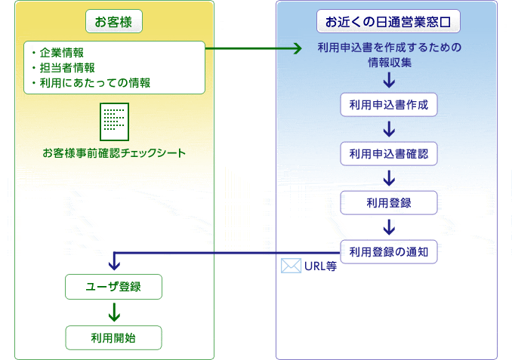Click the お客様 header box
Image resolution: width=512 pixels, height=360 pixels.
pos(114,22)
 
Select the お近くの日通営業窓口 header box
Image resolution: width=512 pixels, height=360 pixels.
pos(388,22)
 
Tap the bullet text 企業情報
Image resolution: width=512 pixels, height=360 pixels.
pos(62,53)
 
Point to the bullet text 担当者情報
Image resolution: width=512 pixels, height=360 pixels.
pos(67,68)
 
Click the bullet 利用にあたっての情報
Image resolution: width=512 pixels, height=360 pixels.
pos(95,83)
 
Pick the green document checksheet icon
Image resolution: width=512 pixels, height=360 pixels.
pos(114,122)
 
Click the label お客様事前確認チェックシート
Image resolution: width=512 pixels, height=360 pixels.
pos(114,153)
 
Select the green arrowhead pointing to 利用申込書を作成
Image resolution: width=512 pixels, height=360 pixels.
pos(298,48)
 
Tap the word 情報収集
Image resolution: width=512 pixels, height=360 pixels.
pos(390,63)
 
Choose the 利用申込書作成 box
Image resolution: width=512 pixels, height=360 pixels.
pos(389,105)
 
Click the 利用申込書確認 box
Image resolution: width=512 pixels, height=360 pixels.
pos(389,154)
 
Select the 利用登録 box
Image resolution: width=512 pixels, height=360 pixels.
pos(389,203)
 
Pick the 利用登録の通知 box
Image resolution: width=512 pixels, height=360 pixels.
pos(389,252)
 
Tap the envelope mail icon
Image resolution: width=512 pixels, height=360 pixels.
pos(291,266)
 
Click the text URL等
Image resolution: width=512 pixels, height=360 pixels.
pos(320,266)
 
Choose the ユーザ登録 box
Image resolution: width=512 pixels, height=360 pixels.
pos(113,287)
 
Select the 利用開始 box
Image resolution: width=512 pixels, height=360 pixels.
pos(113,338)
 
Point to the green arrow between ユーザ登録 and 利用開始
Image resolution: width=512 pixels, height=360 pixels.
pos(114,312)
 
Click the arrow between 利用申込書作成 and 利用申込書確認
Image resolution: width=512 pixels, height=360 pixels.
pos(389,129)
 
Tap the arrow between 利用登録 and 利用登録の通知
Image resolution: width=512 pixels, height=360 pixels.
pos(389,227)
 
